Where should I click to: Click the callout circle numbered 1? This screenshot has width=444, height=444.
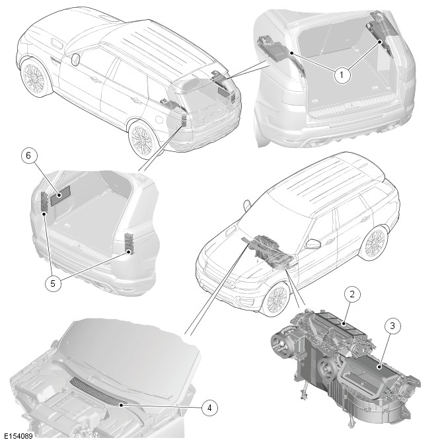click(342, 75)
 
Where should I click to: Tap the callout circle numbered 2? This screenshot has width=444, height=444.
click(352, 294)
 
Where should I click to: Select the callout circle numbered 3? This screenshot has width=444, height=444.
click(392, 326)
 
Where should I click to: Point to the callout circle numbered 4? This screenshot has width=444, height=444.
click(209, 408)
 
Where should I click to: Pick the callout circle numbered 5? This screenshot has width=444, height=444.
click(53, 283)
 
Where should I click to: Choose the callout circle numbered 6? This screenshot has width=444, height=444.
click(28, 155)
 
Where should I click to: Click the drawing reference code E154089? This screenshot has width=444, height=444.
click(18, 436)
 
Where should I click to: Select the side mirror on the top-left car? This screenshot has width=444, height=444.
click(75, 59)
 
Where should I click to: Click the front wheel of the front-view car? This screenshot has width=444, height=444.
click(277, 299)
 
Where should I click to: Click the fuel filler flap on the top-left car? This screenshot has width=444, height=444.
click(159, 119)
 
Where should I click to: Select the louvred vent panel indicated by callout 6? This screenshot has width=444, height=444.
click(60, 196)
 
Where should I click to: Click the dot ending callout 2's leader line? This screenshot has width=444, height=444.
click(344, 323)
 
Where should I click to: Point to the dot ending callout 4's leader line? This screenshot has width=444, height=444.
click(121, 405)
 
